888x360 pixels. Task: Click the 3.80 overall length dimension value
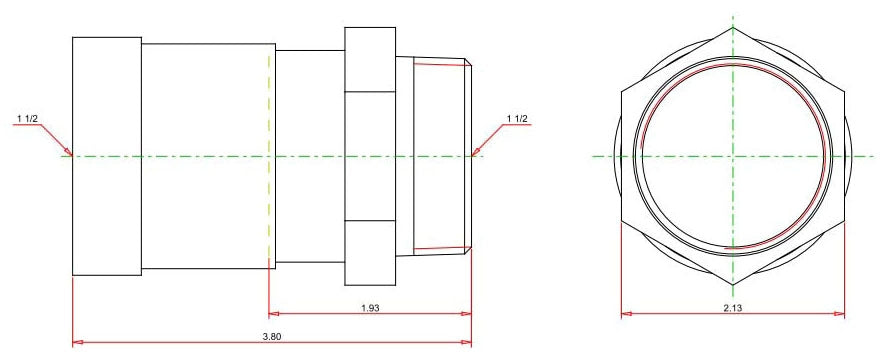tap(272, 336)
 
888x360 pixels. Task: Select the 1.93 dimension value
tap(370, 308)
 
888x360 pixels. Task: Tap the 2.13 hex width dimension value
tap(733, 308)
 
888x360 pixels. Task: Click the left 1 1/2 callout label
tap(27, 118)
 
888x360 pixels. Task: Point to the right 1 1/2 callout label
tap(516, 118)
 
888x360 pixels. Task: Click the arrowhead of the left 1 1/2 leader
tap(70, 153)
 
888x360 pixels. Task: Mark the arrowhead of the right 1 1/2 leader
tap(474, 153)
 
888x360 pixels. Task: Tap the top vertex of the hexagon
tap(733, 27)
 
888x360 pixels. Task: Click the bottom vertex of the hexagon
tap(733, 285)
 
